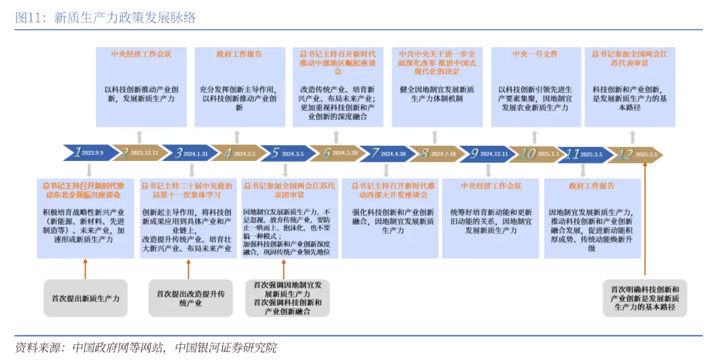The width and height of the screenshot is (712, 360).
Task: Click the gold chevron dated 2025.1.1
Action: point(535,154)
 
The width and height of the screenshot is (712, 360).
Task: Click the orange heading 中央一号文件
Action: point(535,54)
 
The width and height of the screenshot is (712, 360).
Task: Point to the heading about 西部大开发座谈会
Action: point(393,191)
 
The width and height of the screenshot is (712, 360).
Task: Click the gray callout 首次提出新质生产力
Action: point(86,298)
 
